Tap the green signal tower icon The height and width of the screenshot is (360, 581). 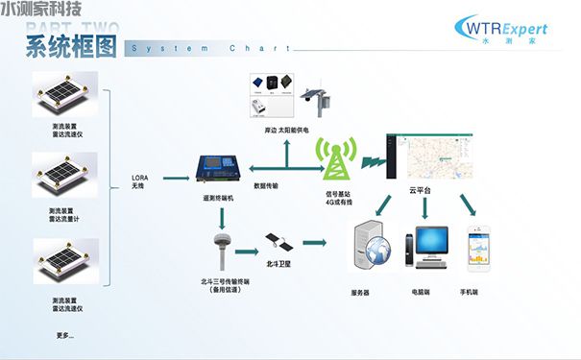[x=336, y=158]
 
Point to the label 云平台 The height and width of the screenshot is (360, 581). [x=420, y=190]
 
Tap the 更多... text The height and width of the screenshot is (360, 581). [x=65, y=335]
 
